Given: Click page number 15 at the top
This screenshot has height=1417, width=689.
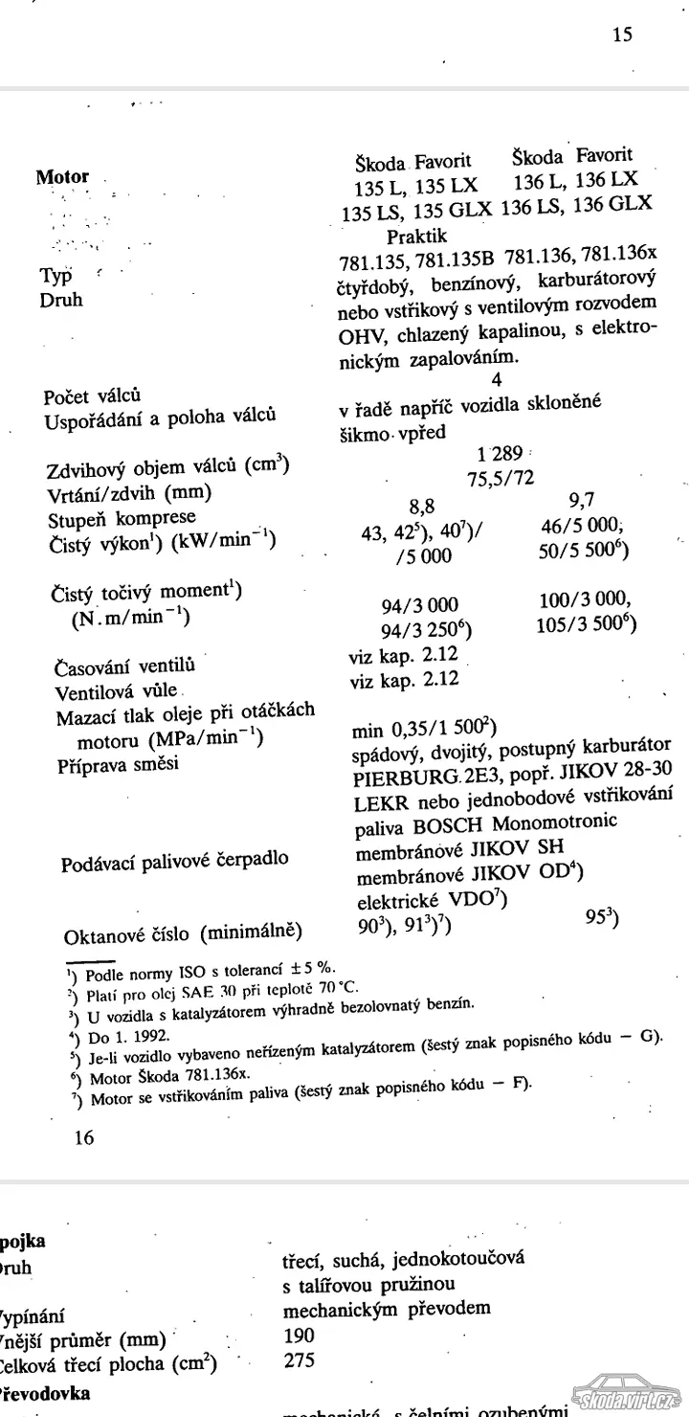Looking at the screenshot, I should [x=622, y=35].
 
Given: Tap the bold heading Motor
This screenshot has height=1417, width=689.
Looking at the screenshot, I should [x=62, y=177].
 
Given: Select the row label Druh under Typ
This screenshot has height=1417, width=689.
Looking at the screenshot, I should [x=61, y=300].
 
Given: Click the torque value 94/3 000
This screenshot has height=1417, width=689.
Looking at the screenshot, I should [x=419, y=604].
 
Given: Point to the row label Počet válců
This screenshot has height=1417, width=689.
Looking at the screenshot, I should [x=93, y=395].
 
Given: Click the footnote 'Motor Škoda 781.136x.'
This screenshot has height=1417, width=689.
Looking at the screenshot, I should [x=170, y=1076].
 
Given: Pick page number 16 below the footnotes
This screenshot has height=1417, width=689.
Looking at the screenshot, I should [x=83, y=1137].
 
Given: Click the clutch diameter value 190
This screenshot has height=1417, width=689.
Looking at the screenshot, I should [x=299, y=1334].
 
